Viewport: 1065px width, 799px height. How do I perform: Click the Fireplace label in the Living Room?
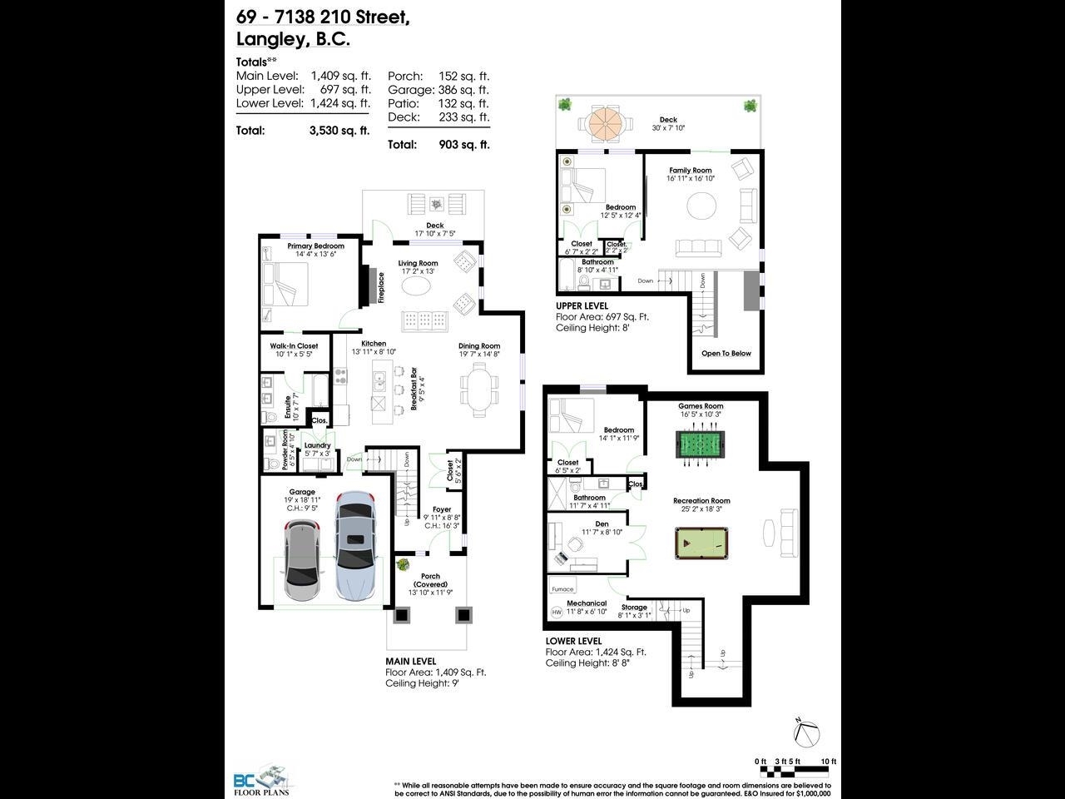tap(381, 288)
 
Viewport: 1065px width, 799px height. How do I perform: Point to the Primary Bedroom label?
tap(315, 246)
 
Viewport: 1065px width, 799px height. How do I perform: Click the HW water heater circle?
tap(557, 613)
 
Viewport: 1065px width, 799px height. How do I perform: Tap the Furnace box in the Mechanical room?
tap(563, 588)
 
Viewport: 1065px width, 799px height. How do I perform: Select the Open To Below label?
tap(726, 354)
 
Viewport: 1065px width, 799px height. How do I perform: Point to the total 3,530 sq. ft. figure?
tap(339, 131)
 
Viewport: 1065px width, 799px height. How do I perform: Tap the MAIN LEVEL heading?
tap(410, 662)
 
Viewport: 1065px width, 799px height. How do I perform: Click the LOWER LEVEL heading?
tap(573, 641)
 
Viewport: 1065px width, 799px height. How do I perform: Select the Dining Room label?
tap(479, 346)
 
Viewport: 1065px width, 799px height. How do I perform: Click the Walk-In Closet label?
tap(294, 346)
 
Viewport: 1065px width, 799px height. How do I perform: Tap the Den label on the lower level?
tap(602, 524)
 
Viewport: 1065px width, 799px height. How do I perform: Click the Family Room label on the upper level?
tap(691, 171)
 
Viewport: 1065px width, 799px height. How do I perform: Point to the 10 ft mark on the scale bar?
tap(828, 762)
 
